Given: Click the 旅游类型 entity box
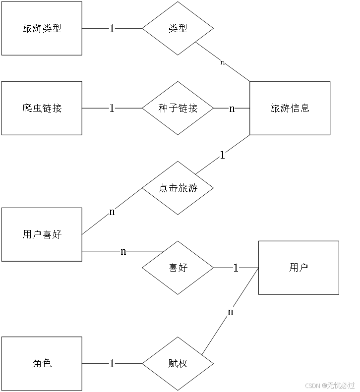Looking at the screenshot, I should pyautogui.click(x=42, y=28).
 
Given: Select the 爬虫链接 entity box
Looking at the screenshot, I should pyautogui.click(x=42, y=108).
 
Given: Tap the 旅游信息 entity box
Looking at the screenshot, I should pyautogui.click(x=290, y=108).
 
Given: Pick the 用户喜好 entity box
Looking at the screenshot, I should pyautogui.click(x=42, y=234).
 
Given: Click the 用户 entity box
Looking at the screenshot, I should pyautogui.click(x=299, y=268).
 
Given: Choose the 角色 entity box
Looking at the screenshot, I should pyautogui.click(x=42, y=363).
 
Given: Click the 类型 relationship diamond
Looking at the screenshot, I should pyautogui.click(x=178, y=28).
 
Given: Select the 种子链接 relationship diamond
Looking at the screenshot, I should pyautogui.click(x=178, y=108).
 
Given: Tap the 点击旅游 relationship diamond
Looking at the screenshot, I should pyautogui.click(x=178, y=188).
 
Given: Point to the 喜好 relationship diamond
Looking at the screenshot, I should pyautogui.click(x=178, y=268).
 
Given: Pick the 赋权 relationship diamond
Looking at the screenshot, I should pyautogui.click(x=178, y=363).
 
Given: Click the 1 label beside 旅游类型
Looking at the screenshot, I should pyautogui.click(x=112, y=29).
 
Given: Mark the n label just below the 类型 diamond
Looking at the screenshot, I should pyautogui.click(x=222, y=62).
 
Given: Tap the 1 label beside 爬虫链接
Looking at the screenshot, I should pyautogui.click(x=112, y=108).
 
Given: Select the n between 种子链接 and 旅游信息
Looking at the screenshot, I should pyautogui.click(x=232, y=108).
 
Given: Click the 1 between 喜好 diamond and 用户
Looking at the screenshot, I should pyautogui.click(x=236, y=268).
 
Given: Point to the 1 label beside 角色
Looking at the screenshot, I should pyautogui.click(x=112, y=364).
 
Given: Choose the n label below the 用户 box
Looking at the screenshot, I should pyautogui.click(x=230, y=312).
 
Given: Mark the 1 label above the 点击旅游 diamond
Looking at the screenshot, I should pyautogui.click(x=222, y=155).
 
